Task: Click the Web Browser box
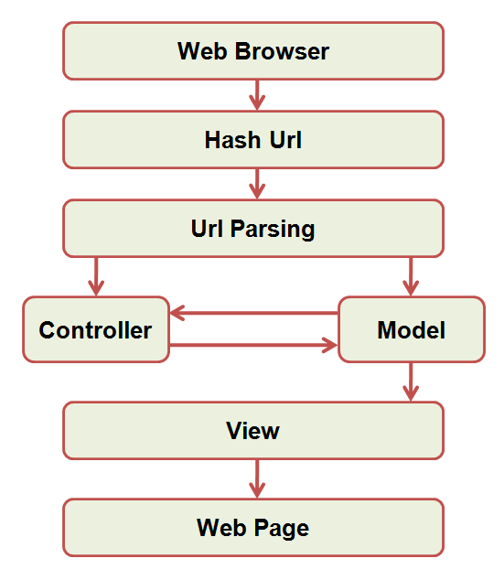(252, 51)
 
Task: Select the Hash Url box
(252, 140)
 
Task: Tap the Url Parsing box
(252, 229)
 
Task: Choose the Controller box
(96, 329)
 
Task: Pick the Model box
(411, 329)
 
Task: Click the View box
(252, 430)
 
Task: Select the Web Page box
(252, 527)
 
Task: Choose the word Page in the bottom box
(280, 528)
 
